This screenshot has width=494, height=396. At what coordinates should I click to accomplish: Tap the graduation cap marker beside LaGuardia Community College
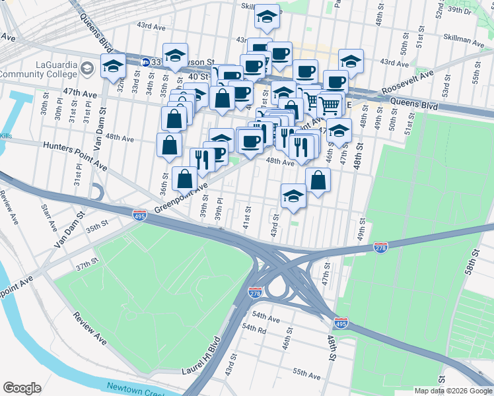point(113,65)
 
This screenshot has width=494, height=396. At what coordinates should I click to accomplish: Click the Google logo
point(22,387)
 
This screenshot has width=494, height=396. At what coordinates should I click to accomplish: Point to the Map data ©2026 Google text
point(452,391)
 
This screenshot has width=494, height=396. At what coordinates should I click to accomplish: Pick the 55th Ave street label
point(307,374)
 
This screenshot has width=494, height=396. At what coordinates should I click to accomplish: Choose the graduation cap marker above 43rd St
point(293,195)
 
